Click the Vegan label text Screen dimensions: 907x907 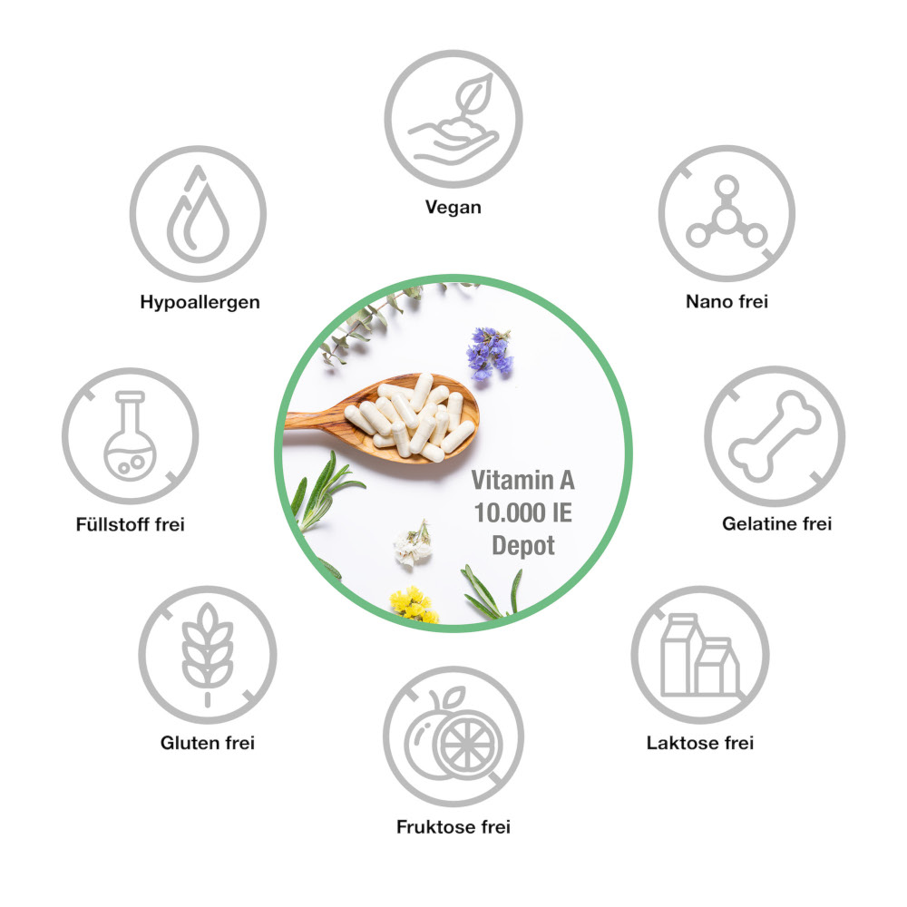pos(453,207)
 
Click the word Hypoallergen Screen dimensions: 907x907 pos(200,302)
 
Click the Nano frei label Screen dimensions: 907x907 pos(727,301)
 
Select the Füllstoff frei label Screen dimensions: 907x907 pos(130,524)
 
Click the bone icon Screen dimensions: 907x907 pos(775,436)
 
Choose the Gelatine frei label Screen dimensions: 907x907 pos(777,523)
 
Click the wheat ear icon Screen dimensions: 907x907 pos(207,654)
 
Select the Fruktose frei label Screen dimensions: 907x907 pos(453,826)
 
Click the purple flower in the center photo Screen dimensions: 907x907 pos(490,353)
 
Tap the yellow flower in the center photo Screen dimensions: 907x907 pos(414,605)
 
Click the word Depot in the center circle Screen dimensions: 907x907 pos(523,545)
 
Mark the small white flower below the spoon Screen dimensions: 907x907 pos(413,543)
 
